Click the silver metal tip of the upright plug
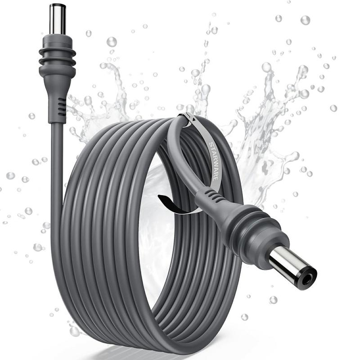point(58,19)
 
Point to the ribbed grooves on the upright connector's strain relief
point(61,107)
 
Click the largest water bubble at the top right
point(305,20)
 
